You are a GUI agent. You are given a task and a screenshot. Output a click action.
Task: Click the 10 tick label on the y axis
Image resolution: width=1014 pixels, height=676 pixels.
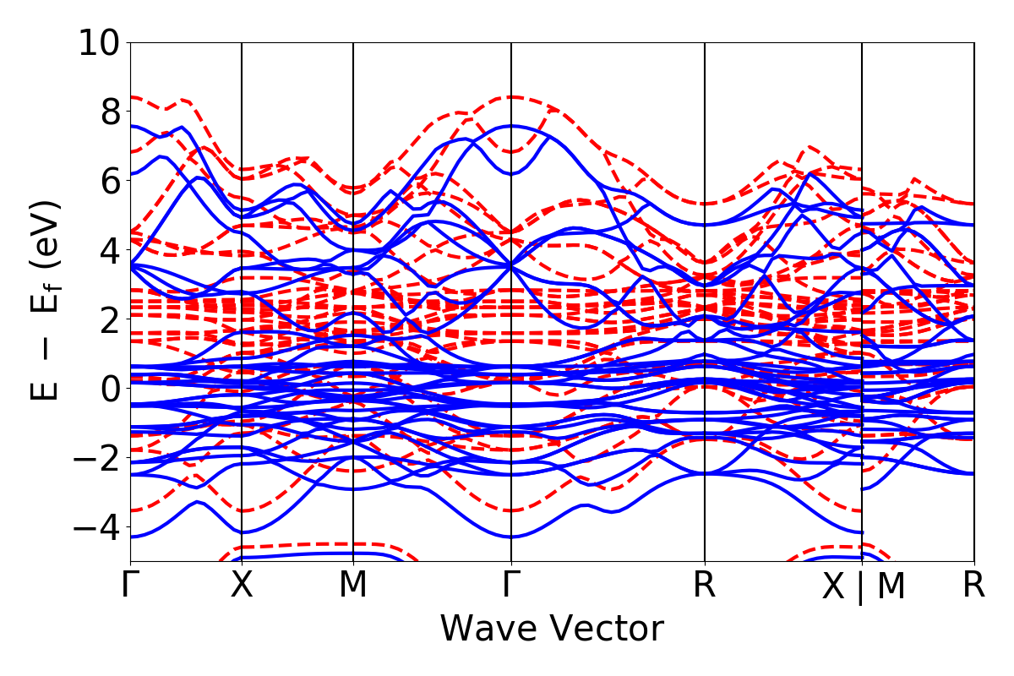click(x=99, y=41)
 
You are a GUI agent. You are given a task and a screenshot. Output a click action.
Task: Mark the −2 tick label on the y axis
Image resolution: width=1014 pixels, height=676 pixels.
click(x=99, y=457)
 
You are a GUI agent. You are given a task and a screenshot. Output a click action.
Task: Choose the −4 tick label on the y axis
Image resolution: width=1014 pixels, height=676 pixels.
click(x=99, y=526)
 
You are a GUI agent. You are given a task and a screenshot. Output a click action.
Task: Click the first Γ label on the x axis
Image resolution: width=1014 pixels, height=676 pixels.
click(x=130, y=586)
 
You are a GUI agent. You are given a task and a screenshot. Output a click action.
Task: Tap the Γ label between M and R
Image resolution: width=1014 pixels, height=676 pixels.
click(x=511, y=586)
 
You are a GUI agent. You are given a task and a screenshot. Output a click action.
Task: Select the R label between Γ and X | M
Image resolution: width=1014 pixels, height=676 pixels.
click(x=705, y=586)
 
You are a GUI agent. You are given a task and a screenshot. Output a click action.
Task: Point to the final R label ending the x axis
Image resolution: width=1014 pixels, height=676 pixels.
click(x=974, y=586)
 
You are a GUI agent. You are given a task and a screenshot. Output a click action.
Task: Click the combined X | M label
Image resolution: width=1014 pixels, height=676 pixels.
click(x=863, y=587)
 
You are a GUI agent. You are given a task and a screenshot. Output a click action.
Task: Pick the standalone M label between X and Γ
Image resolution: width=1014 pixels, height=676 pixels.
click(x=353, y=586)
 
